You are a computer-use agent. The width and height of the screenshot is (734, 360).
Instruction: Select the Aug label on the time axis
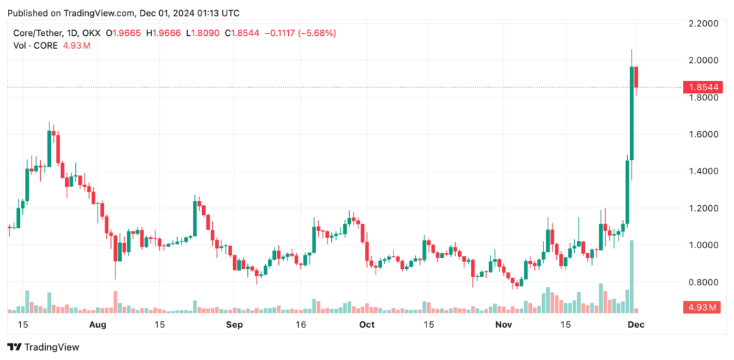98,325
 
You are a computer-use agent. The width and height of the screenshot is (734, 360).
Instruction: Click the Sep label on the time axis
234,325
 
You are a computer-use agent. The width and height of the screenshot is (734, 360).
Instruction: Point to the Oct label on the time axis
367,325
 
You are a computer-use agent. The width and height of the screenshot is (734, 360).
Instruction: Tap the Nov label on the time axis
506,325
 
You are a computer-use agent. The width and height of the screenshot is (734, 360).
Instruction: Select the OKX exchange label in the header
90,33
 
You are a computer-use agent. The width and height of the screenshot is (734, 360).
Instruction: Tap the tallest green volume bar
631,277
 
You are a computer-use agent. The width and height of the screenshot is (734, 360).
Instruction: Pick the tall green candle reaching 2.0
632,115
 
